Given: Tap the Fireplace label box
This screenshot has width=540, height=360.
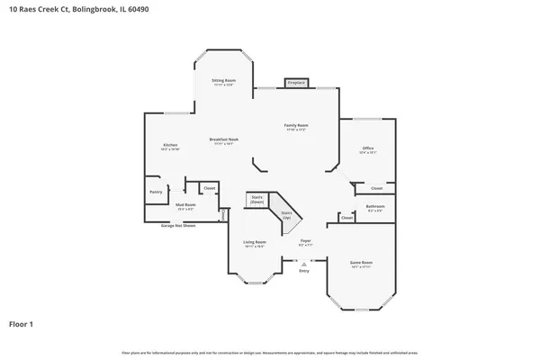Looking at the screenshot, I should [297, 83].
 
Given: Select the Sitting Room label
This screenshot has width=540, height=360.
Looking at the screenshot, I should [223, 82].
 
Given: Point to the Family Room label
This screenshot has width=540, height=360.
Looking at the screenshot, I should [297, 127].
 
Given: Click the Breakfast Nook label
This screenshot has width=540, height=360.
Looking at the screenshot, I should [223, 140].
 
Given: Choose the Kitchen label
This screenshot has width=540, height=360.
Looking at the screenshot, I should [170, 146].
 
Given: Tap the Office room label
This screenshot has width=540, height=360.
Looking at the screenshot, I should [367, 149].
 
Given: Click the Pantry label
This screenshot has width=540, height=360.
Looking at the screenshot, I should [156, 191].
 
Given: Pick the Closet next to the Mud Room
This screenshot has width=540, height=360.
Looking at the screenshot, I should [209, 188].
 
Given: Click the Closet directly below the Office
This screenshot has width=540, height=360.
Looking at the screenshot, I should [376, 188].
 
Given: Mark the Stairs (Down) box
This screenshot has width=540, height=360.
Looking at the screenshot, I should [257, 200].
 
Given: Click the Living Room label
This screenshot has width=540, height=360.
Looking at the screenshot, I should [255, 243].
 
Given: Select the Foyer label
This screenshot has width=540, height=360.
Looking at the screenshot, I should [306, 242].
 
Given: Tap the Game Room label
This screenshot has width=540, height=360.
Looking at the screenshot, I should [362, 264].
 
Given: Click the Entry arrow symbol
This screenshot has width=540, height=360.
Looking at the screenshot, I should [303, 262].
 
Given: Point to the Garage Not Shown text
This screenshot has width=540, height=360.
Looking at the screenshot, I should [178, 225].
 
